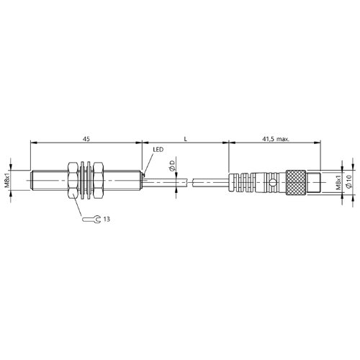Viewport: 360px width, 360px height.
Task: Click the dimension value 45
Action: click(86, 139)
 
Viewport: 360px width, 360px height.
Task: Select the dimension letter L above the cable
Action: click(185, 139)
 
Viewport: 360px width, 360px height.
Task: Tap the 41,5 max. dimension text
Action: click(276, 139)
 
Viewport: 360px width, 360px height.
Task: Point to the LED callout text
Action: click(158, 150)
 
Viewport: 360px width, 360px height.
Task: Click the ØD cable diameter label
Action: click(172, 165)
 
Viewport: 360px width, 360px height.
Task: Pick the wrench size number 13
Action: click(107, 219)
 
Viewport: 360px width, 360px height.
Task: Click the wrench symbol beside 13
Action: click(91, 219)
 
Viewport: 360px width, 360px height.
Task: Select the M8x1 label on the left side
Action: click(7, 180)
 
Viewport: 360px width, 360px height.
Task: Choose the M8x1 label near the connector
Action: click(338, 183)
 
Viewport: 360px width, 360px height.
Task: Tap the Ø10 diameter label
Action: click(349, 181)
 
